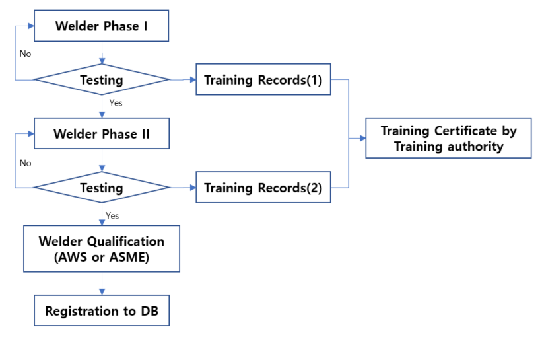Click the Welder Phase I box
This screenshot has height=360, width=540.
point(102,27)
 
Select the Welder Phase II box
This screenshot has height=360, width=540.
point(102,134)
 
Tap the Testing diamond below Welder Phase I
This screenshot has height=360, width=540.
point(102,80)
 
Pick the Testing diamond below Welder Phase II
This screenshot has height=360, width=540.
point(102,188)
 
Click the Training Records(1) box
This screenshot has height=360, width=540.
point(263,80)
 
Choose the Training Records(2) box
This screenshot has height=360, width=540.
point(263,188)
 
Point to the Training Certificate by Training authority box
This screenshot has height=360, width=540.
point(448,139)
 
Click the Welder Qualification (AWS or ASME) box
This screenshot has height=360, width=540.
point(102,249)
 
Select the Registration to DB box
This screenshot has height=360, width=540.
point(102,310)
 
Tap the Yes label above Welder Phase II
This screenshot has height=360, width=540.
point(115,103)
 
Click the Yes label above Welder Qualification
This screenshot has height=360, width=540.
point(112,215)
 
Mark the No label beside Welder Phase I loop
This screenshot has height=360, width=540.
point(25,54)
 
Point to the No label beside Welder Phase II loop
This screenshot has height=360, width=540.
point(25,162)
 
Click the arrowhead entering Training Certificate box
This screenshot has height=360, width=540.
point(362,139)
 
